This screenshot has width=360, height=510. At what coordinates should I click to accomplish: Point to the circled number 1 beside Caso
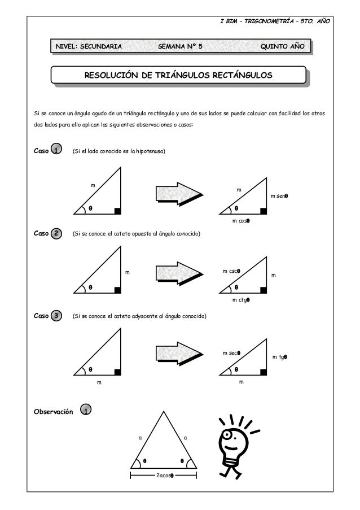click(x=56, y=150)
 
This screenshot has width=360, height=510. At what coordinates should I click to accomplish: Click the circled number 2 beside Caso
click(x=56, y=233)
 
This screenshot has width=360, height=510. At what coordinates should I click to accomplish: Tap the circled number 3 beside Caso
click(x=56, y=316)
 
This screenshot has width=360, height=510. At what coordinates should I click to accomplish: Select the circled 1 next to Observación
click(x=85, y=410)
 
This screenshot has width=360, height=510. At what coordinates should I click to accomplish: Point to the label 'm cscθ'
click(x=231, y=271)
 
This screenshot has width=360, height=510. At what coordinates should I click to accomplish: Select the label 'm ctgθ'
click(x=241, y=300)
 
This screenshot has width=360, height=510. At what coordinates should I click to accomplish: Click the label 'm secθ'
click(x=231, y=354)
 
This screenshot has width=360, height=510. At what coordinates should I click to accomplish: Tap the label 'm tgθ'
click(x=280, y=357)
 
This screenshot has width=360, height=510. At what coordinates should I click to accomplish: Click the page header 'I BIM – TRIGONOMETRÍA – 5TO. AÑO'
click(x=275, y=22)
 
